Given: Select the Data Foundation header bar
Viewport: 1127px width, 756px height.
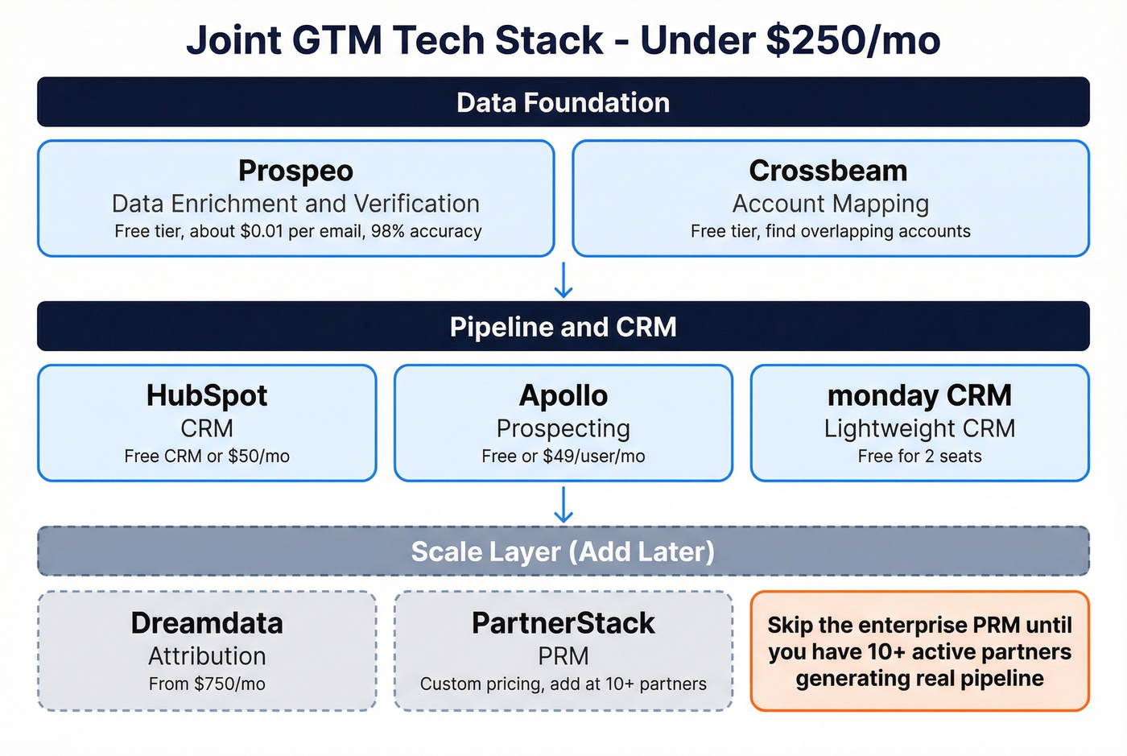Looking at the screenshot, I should (563, 102).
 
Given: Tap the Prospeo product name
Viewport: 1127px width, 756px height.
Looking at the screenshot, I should (295, 171).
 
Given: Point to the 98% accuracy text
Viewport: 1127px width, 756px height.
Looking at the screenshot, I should (426, 231).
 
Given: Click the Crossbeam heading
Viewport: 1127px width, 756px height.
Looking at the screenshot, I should (828, 171).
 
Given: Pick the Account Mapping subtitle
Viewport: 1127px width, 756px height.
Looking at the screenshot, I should (830, 204).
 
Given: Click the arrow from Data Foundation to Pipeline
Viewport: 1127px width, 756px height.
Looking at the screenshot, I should (563, 279).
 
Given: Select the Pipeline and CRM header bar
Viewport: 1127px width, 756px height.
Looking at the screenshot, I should (563, 327).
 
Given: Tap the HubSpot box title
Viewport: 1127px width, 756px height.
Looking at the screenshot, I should (207, 395).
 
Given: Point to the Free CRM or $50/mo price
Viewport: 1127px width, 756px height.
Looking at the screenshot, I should (207, 456).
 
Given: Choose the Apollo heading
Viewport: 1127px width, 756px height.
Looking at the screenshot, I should (563, 395).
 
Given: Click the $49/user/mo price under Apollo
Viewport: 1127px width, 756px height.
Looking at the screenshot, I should (594, 456).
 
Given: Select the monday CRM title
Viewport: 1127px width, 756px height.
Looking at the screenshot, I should (919, 395).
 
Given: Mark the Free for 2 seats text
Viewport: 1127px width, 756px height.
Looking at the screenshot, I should (919, 456).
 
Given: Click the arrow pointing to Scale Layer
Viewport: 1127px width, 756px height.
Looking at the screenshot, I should (563, 505).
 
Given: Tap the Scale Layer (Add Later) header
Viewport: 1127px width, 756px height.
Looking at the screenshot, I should (563, 552).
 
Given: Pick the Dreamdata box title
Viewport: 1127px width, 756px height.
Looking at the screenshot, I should (207, 623).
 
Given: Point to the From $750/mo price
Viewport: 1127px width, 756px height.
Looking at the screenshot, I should (207, 684).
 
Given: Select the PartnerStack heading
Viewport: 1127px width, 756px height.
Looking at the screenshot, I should (563, 623).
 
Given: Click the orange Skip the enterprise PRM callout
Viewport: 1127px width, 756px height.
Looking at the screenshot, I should (919, 651).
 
